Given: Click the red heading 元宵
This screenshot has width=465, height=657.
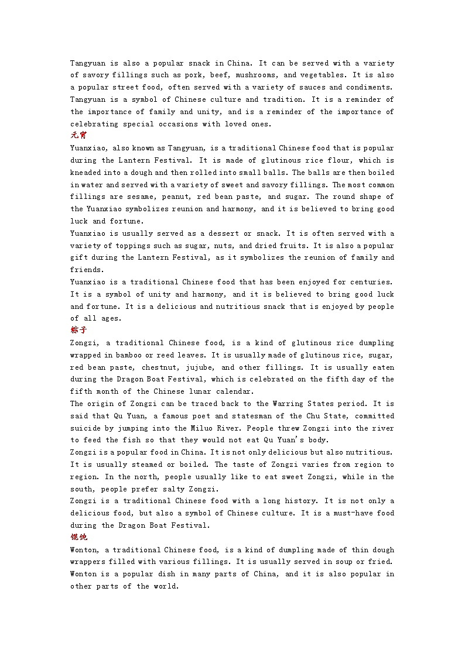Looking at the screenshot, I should point(78,136).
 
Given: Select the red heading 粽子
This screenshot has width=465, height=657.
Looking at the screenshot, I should point(78,331).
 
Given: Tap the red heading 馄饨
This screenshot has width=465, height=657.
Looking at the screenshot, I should point(78,537).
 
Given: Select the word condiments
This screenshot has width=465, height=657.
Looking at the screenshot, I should point(370,87).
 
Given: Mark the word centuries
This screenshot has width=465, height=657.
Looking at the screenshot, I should point(370,282).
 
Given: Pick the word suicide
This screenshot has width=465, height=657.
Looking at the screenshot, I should point(87,428).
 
